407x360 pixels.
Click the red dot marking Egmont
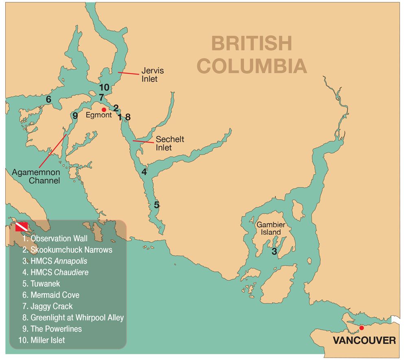click(x=104, y=109)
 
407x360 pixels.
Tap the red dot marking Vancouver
click(x=361, y=327)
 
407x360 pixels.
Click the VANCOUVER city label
click(x=364, y=340)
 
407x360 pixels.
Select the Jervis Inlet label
click(x=150, y=74)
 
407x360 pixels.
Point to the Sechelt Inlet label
click(x=170, y=143)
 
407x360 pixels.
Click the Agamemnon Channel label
click(x=36, y=176)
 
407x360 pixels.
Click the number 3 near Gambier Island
click(x=274, y=252)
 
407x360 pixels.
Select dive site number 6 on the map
click(x=48, y=99)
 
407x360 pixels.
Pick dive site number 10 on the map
click(x=104, y=87)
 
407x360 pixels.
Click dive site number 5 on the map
click(x=157, y=205)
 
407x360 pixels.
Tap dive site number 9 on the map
click(x=75, y=116)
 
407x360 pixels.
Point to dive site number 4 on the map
click(x=144, y=172)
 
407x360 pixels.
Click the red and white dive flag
click(x=22, y=227)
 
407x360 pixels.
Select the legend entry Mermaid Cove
click(x=55, y=295)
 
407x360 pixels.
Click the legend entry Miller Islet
click(x=47, y=340)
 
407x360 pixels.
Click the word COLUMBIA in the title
click(x=252, y=66)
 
